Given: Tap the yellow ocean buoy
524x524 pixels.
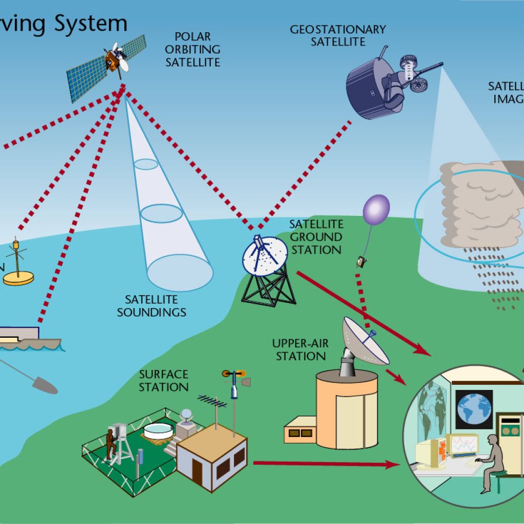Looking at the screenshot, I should click(x=18, y=277).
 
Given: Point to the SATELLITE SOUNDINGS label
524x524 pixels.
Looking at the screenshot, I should click(x=151, y=305).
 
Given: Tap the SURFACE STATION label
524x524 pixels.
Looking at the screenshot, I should click(x=164, y=381).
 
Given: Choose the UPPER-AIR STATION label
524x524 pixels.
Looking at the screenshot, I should click(x=299, y=350).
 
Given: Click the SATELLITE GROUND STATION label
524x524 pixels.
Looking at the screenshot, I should click(x=316, y=237).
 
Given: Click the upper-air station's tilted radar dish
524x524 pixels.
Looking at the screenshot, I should click(x=366, y=340).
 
